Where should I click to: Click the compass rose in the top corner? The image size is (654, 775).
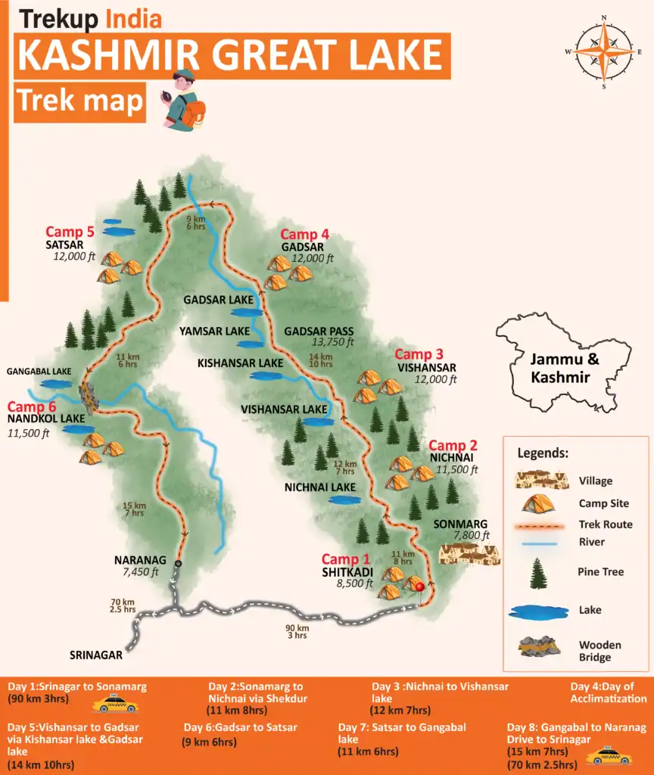[x=603, y=52]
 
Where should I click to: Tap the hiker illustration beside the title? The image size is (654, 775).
[x=184, y=101]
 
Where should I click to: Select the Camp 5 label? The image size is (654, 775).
[x=70, y=232]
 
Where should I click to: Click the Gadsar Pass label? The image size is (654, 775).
[x=318, y=331]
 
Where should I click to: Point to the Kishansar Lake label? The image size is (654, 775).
[x=240, y=363]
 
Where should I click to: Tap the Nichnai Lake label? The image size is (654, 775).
[x=320, y=487]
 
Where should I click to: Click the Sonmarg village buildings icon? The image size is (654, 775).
[x=469, y=554]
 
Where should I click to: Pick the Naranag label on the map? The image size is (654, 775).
[x=140, y=560]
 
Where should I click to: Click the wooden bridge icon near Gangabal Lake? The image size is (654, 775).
[x=89, y=397]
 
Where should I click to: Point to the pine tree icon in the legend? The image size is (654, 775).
[x=539, y=573]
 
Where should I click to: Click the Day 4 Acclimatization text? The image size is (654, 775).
[x=609, y=693]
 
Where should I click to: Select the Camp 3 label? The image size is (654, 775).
[x=419, y=354]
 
